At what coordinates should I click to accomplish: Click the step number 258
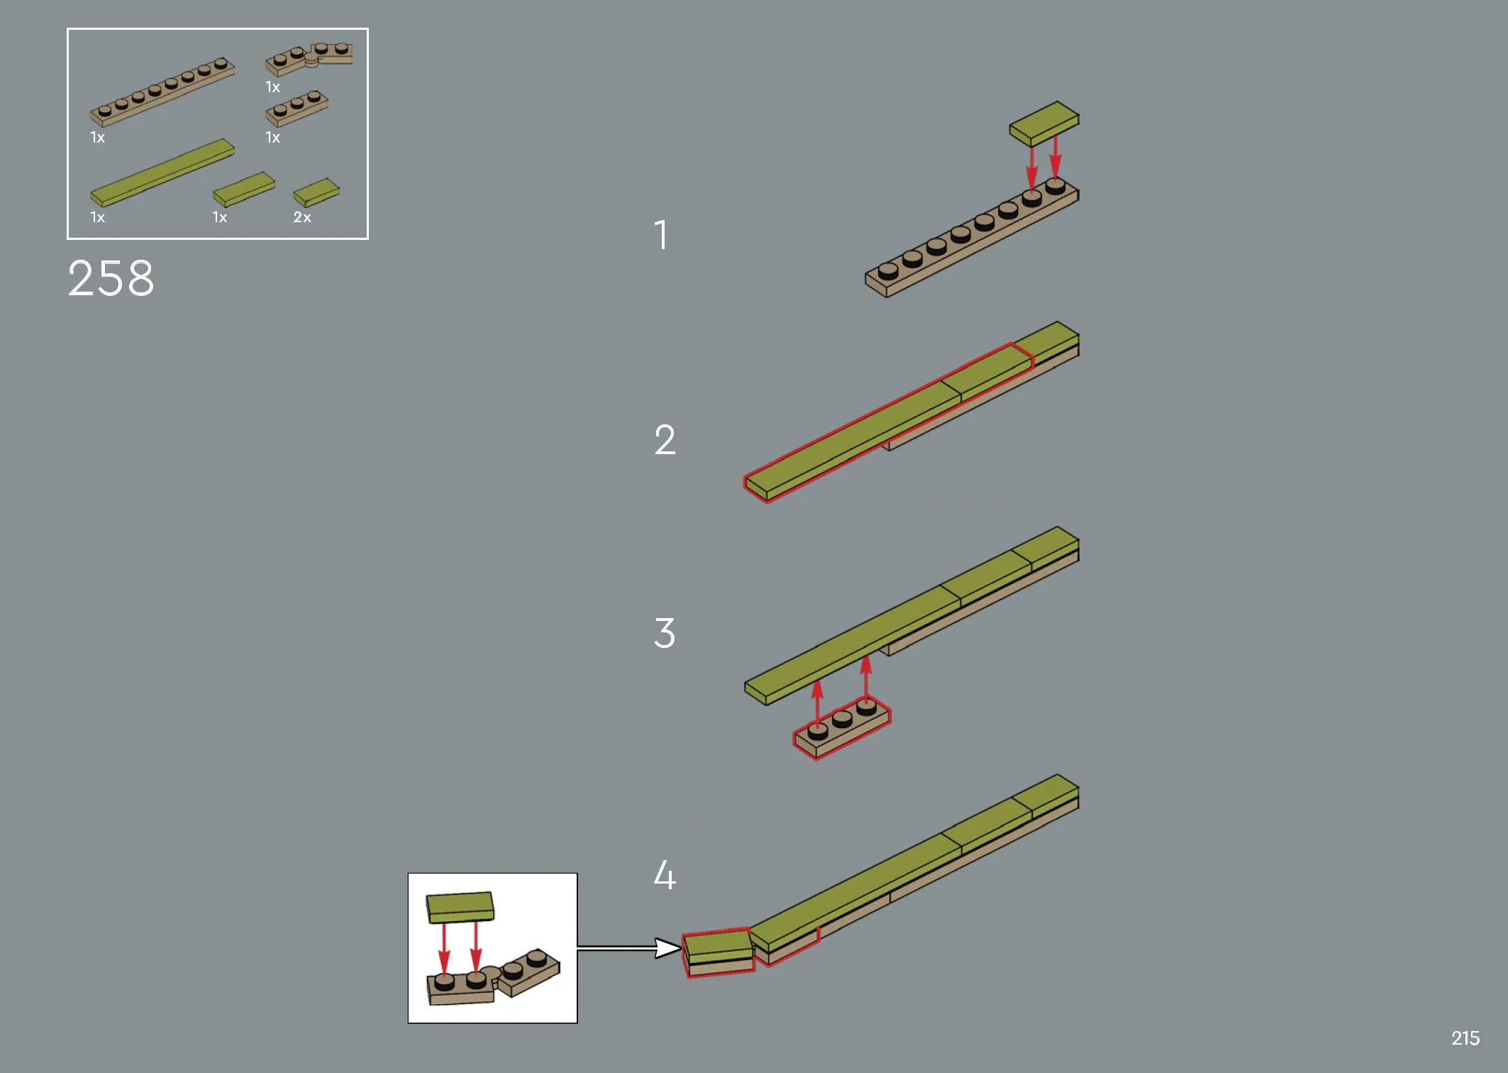[x=111, y=278]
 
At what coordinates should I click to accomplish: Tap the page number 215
[x=1465, y=1038]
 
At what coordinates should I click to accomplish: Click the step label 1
[x=661, y=234]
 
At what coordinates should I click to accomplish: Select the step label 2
[x=665, y=439]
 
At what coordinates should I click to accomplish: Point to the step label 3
[x=665, y=633]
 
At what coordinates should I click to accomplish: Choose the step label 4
[x=665, y=874]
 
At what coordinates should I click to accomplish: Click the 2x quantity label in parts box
[x=302, y=217]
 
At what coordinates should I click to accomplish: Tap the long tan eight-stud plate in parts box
[x=162, y=92]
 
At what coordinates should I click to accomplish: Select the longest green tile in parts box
[x=162, y=172]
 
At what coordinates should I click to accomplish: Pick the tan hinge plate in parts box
[x=309, y=58]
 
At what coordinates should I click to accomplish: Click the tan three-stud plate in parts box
[x=296, y=108]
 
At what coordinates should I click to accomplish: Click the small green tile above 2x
[x=316, y=192]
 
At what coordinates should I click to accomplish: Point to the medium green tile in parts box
[x=244, y=189]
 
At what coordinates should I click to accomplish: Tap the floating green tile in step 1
[x=1044, y=123]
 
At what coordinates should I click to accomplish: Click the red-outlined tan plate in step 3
[x=842, y=727]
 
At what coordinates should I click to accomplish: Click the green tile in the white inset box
[x=460, y=908]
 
